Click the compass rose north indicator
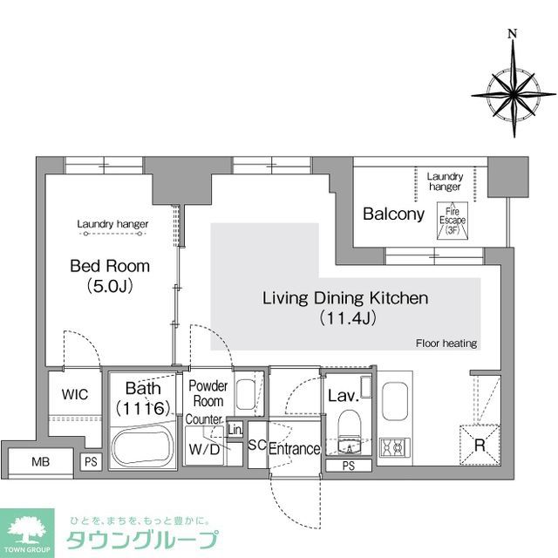point(513,35)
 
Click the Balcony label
point(393,214)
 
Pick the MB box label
point(40,460)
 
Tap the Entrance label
point(294,449)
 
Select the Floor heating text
point(446,344)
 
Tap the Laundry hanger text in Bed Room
point(112,224)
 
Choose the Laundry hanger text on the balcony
point(444,181)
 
